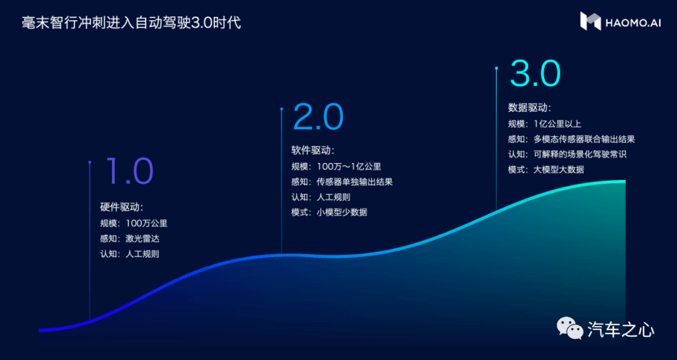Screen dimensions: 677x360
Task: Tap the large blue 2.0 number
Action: [318, 117]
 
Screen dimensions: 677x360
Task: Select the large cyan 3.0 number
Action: [535, 73]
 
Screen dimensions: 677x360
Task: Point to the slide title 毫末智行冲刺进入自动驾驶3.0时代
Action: [131, 23]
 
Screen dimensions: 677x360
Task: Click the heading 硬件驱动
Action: [122, 207]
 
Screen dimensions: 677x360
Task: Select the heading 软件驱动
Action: [313, 151]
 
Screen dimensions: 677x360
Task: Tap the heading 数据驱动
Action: [530, 107]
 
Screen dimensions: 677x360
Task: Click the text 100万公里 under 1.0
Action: [146, 224]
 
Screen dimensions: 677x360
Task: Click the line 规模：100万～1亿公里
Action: [337, 167]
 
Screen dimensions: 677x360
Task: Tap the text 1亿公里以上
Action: [557, 124]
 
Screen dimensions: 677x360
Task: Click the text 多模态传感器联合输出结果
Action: [584, 139]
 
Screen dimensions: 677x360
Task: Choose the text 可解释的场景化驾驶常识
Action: [580, 154]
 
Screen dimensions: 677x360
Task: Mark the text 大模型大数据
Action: [559, 169]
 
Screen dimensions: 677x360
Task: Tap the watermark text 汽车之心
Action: [621, 330]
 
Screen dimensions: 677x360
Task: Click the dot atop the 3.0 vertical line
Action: [496, 68]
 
